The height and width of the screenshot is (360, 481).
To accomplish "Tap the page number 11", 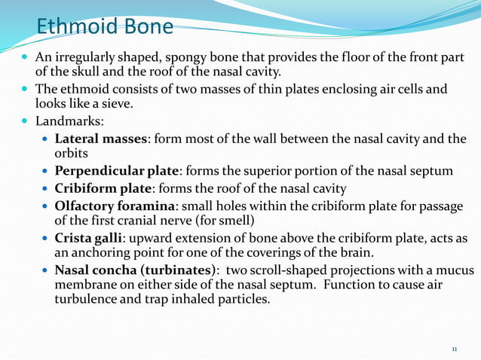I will point(454,349).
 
